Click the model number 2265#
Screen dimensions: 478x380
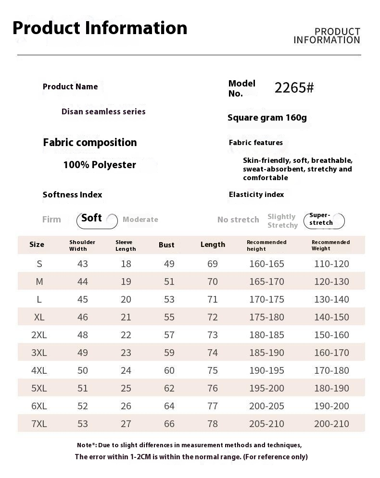[294, 88]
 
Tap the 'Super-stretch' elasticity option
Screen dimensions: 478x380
[321, 219]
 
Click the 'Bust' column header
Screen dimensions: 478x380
[166, 245]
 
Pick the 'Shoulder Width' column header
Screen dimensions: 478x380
[82, 245]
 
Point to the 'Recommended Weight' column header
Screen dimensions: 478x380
[330, 245]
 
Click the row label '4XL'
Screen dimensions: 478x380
[39, 370]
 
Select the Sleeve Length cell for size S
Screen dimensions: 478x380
[126, 264]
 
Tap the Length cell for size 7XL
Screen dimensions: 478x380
[213, 424]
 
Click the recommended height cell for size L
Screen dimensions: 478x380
[266, 299]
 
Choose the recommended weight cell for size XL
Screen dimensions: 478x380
[331, 317]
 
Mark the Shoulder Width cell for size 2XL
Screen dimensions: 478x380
[83, 335]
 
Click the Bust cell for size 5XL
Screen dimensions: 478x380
[169, 388]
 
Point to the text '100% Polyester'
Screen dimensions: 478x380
[100, 165]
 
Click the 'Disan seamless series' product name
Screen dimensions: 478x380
[103, 111]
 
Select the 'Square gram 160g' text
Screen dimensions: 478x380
[267, 118]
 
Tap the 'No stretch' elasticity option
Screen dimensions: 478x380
[238, 220]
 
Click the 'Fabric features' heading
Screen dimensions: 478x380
[256, 143]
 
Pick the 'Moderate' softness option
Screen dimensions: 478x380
[140, 220]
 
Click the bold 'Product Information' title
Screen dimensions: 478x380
[100, 28]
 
